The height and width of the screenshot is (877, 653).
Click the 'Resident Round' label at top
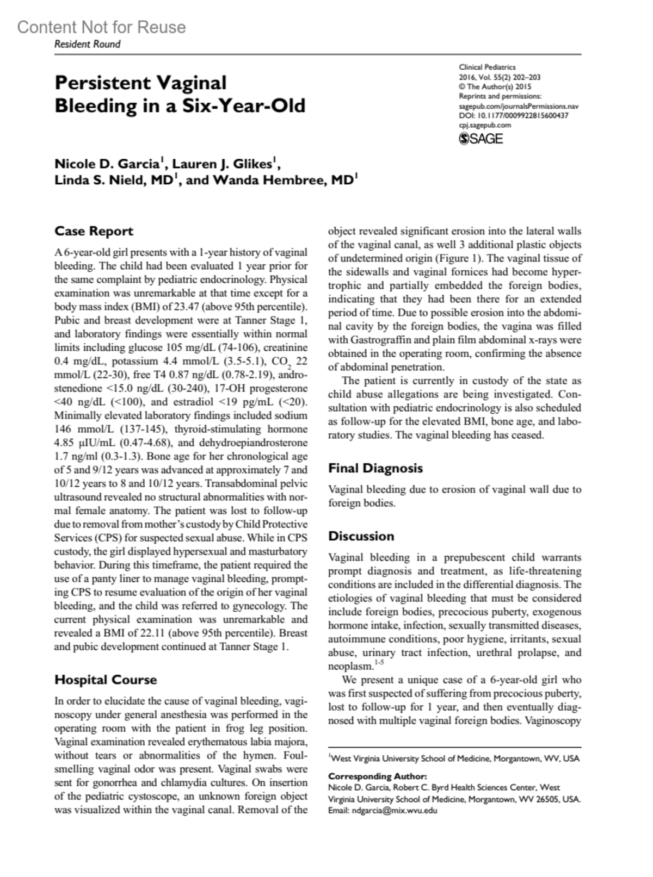87,44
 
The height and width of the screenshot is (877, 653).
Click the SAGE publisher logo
481,139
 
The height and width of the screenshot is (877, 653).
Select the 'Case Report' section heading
94,231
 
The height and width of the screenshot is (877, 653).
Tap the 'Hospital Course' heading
106,680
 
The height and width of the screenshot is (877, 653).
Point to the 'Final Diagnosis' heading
375,468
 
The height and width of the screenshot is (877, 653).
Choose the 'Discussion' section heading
361,536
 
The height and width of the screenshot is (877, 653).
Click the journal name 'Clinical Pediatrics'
487,67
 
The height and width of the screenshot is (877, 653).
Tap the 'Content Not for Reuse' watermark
101,27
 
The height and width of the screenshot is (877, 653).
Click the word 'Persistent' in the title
103,83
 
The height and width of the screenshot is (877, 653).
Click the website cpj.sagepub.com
485,125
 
